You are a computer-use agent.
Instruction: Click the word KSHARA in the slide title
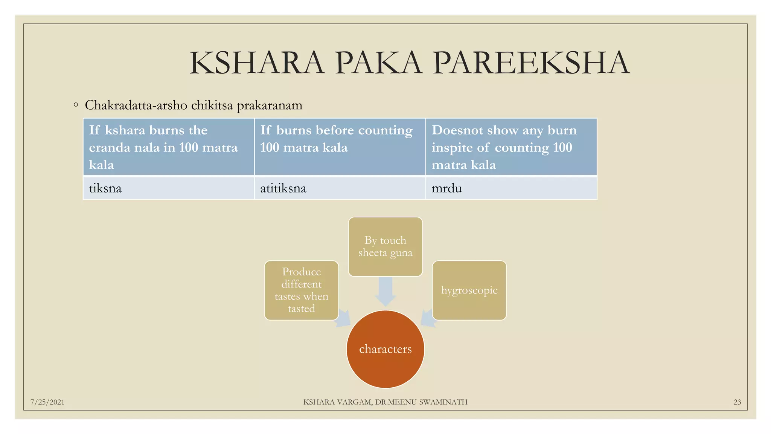coord(257,63)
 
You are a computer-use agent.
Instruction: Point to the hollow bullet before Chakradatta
coord(76,105)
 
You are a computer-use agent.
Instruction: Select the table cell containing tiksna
coord(168,188)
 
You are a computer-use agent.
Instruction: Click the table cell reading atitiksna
coord(340,188)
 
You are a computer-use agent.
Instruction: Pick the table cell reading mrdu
coord(511,188)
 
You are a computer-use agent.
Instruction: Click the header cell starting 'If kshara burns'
coord(168,147)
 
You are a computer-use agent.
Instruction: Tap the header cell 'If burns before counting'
coord(340,147)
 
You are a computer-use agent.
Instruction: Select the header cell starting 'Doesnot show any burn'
coord(511,147)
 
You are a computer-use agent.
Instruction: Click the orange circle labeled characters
coord(385,349)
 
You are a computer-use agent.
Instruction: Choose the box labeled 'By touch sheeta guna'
coord(385,247)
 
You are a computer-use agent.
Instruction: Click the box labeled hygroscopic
coord(469,290)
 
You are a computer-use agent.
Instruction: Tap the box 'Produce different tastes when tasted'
coord(301,290)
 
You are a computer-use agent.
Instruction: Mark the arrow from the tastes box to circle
coord(343,319)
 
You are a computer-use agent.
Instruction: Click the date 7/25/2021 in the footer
coord(47,402)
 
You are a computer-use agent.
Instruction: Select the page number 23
coord(737,402)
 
